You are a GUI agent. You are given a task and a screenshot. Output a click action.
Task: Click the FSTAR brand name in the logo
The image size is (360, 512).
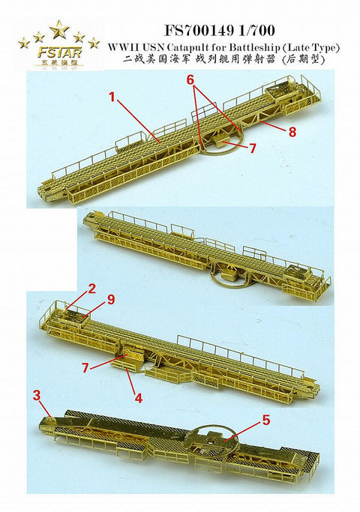tap(58, 55)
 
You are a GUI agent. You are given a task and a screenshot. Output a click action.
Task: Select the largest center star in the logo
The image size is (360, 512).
tap(58, 30)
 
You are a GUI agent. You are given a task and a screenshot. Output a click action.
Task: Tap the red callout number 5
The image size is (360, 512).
tap(266, 421)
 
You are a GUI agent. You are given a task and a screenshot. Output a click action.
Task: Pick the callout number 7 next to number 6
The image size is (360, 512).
tap(253, 148)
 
